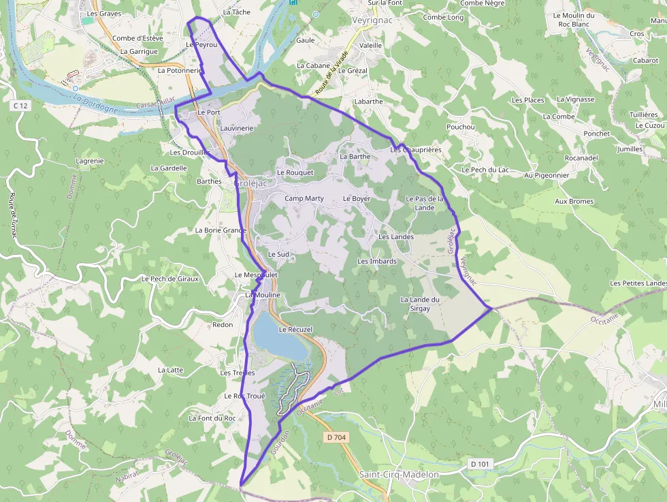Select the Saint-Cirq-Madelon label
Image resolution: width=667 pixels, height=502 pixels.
(x=398, y=474)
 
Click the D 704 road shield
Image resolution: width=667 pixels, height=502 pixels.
(x=337, y=437)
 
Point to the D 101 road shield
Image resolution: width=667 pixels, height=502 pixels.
(x=481, y=464)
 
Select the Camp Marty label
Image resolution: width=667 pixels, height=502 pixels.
(x=304, y=198)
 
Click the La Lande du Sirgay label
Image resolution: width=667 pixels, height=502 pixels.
(x=421, y=304)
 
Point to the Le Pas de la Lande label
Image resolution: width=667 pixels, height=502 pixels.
(x=425, y=203)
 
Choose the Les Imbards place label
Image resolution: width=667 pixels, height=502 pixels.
(x=377, y=261)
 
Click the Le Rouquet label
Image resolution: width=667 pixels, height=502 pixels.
(x=295, y=172)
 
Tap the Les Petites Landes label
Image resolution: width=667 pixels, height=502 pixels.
(x=638, y=283)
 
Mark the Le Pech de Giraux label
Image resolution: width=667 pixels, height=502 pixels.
(x=169, y=279)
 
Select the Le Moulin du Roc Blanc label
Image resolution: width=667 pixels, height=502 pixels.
(x=574, y=19)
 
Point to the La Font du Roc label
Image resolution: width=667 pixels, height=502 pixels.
(x=212, y=418)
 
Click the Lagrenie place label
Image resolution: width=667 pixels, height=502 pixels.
(x=90, y=161)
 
